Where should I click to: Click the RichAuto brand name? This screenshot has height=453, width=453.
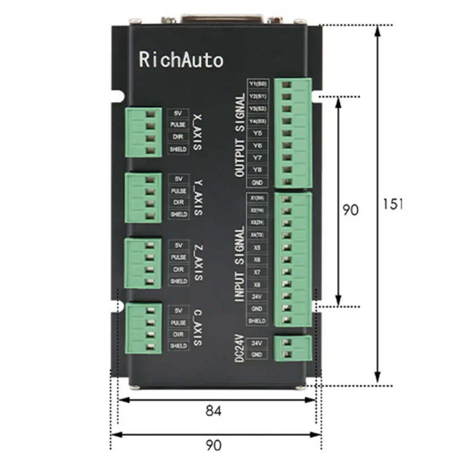[181, 59]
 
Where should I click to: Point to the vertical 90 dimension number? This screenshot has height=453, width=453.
[350, 210]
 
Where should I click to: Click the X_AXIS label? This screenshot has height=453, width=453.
[197, 130]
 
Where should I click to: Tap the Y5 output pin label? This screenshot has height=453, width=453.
[257, 133]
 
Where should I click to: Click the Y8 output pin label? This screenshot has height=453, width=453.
[257, 170]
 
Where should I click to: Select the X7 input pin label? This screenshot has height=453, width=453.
[257, 272]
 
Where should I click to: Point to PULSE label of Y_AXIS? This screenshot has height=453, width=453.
[178, 191]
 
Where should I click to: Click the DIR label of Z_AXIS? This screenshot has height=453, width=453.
[178, 269]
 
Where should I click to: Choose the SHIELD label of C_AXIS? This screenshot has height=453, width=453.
[178, 345]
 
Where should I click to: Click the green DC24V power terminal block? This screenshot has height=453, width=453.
[292, 348]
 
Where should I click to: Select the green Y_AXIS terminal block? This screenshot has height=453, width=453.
[143, 198]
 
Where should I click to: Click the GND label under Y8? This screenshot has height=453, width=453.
[257, 182]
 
